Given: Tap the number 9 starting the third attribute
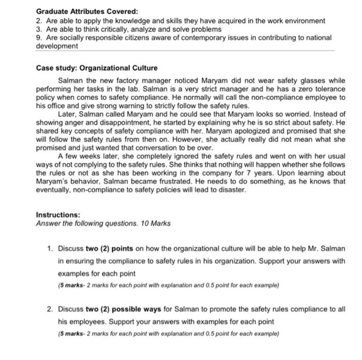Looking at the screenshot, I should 38,38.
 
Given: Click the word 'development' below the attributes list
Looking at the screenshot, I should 57,46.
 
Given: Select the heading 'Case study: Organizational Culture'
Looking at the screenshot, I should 97,68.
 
